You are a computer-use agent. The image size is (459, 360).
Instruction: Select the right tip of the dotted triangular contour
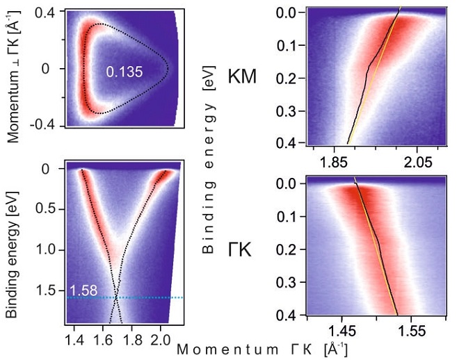click(x=167, y=69)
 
